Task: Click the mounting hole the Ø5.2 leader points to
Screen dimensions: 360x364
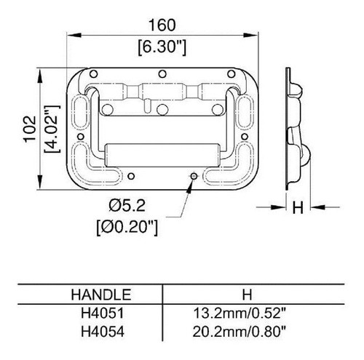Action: [193, 176]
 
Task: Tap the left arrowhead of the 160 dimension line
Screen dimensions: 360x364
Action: [72, 34]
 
